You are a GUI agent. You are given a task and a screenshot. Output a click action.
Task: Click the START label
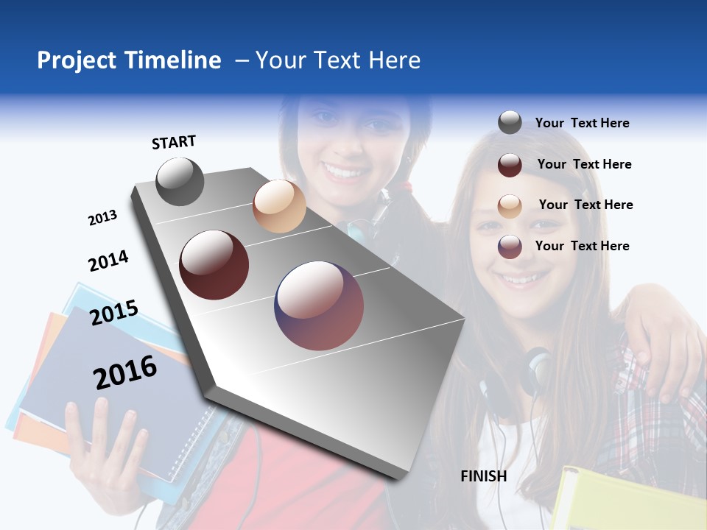pyautogui.click(x=174, y=142)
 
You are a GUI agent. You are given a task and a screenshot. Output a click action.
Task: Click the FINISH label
pyautogui.click(x=483, y=476)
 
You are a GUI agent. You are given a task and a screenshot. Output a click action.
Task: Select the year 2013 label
pyautogui.click(x=102, y=218)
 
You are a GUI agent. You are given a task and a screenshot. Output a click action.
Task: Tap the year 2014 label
pyautogui.click(x=108, y=261)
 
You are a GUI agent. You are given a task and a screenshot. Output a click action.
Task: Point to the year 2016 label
pyautogui.click(x=125, y=372)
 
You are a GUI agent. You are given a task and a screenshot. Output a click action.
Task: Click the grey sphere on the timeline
pyautogui.click(x=180, y=181)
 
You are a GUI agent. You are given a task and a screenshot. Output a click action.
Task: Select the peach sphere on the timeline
pyautogui.click(x=279, y=206)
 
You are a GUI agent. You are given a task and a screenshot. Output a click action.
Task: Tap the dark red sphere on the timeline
pyautogui.click(x=214, y=265)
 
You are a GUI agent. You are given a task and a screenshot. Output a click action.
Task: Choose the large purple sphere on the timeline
pyautogui.click(x=319, y=305)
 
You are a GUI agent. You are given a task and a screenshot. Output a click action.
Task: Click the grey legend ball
pyautogui.click(x=510, y=123)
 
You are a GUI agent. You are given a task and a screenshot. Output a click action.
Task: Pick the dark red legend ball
pyautogui.click(x=510, y=164)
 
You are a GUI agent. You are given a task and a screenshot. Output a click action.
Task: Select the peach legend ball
pyautogui.click(x=510, y=205)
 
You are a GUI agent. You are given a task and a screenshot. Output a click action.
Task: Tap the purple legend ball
pyautogui.click(x=510, y=247)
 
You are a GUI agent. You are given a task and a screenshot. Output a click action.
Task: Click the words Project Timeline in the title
pyautogui.click(x=129, y=60)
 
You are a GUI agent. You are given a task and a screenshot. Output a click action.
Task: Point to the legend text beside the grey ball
pyautogui.click(x=582, y=123)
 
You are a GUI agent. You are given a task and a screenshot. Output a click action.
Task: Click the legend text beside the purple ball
pyautogui.click(x=582, y=246)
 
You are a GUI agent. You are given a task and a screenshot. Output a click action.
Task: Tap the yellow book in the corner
pyautogui.click(x=626, y=501)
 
